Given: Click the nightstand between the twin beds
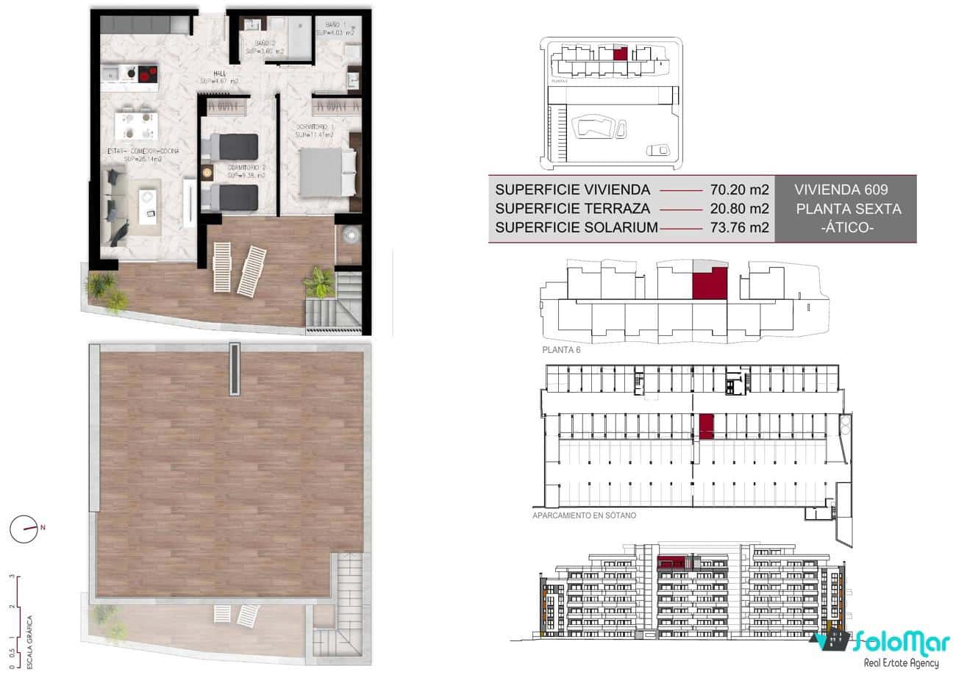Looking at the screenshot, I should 207,172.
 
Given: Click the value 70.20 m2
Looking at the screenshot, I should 740,190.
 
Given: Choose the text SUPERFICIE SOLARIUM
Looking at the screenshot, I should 577,228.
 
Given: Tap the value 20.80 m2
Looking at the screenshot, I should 740,209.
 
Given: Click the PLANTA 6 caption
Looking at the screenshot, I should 561,349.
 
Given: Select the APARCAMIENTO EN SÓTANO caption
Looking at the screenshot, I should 584,515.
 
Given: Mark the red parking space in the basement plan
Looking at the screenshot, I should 706,426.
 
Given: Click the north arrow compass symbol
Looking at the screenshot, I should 25,528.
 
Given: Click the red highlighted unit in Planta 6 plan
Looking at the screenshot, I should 709,284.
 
